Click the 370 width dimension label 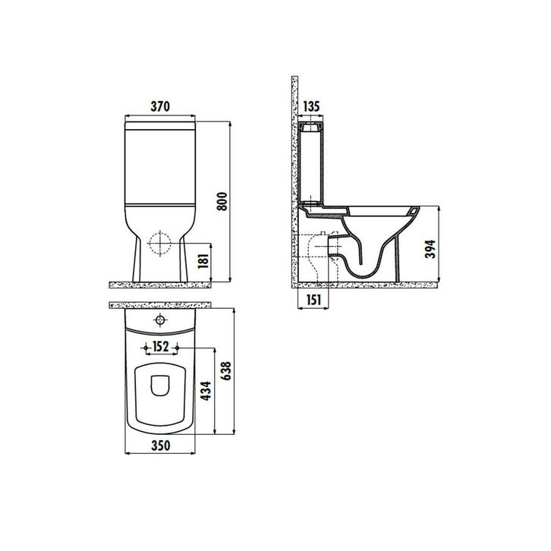click(x=160, y=106)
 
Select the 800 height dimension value click(x=222, y=201)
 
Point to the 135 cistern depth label click(x=311, y=106)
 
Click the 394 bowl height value click(x=430, y=249)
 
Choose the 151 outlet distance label click(x=313, y=300)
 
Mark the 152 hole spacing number click(x=161, y=347)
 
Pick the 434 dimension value click(x=206, y=390)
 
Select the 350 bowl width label click(x=161, y=446)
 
